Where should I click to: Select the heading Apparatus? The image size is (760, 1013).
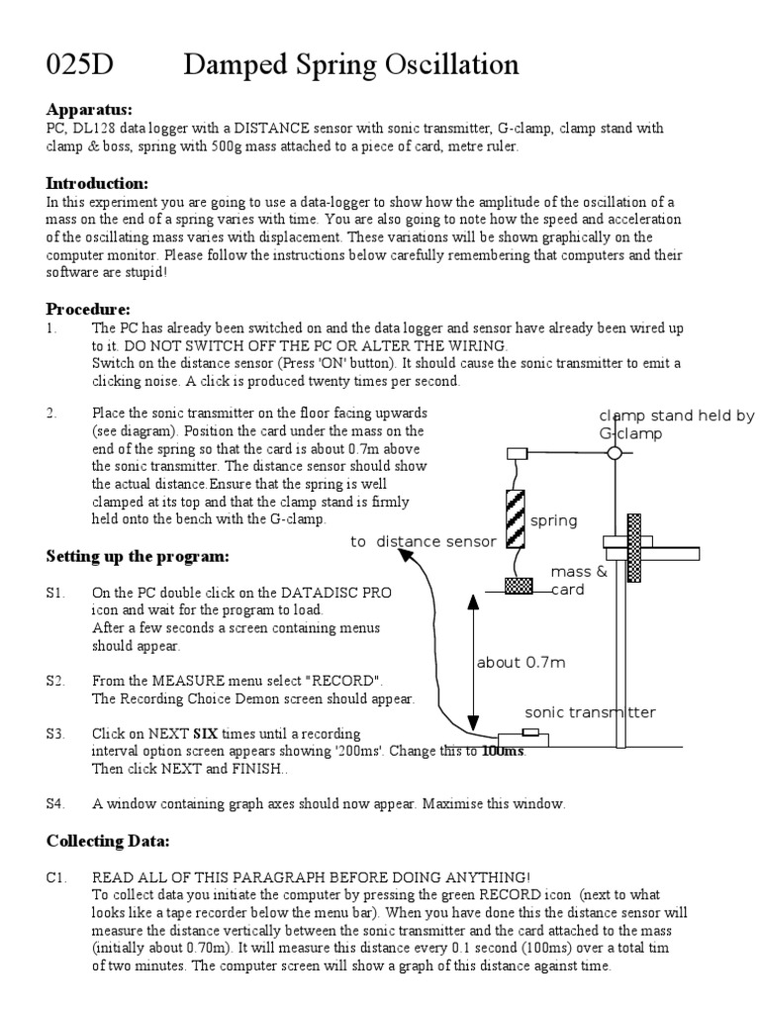[89, 109]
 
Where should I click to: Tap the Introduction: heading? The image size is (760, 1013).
[97, 183]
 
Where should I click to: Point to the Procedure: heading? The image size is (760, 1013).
[88, 310]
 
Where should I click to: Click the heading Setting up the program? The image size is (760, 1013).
[138, 556]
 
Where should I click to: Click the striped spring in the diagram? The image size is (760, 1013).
[515, 518]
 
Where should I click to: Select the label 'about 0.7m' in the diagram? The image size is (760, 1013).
[521, 663]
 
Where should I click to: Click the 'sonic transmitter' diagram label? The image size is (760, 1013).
[590, 712]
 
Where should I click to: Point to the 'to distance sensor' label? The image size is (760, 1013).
[423, 542]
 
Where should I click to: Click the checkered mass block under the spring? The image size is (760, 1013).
[518, 586]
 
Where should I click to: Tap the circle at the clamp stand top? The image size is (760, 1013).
[615, 453]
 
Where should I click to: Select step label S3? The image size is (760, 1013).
[54, 734]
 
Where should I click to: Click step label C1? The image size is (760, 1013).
[54, 877]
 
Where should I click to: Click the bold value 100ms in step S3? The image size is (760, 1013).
[504, 751]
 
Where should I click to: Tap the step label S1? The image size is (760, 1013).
[54, 593]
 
